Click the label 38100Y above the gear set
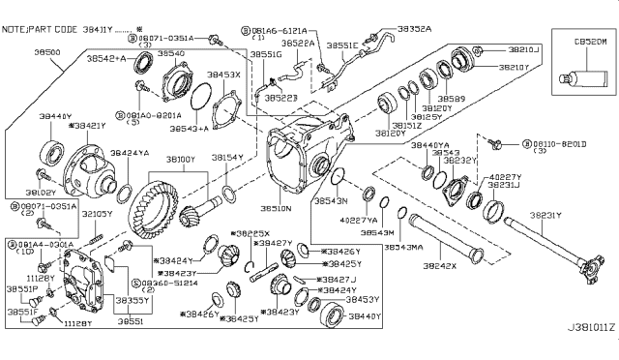[x=180, y=157]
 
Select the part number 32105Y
[x=96, y=213]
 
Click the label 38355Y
[x=133, y=301]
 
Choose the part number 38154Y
[x=229, y=157]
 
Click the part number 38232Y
[x=461, y=161]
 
